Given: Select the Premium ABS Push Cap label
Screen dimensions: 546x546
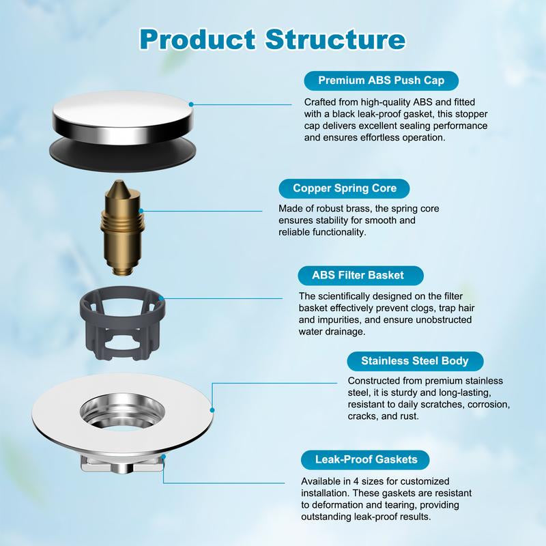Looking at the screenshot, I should click(x=382, y=81).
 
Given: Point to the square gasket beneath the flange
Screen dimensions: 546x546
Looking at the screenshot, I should click(x=123, y=465).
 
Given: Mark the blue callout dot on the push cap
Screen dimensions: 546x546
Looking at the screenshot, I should click(x=192, y=104).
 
